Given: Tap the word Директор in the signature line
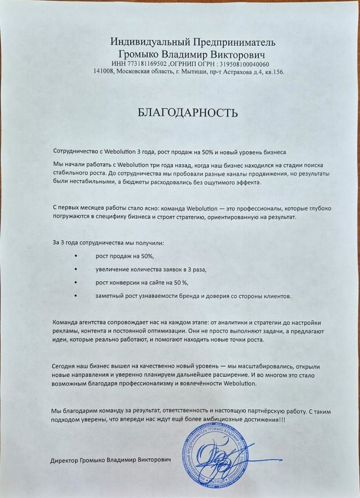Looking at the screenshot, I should [65, 461].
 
